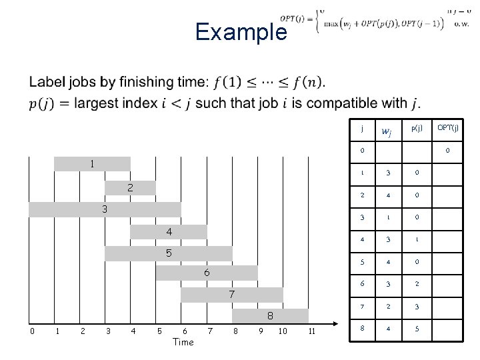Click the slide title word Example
click(x=241, y=32)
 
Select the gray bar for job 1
click(x=92, y=163)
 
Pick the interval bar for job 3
click(x=105, y=209)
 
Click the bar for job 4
click(x=169, y=231)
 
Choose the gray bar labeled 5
click(x=169, y=253)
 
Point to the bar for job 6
click(x=207, y=273)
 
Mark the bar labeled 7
click(x=231, y=294)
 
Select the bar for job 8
click(x=270, y=315)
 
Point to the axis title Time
click(x=183, y=342)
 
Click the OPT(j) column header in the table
click(x=447, y=127)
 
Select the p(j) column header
click(x=416, y=127)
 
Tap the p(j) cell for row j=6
click(x=416, y=283)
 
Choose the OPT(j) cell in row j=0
click(x=447, y=151)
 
